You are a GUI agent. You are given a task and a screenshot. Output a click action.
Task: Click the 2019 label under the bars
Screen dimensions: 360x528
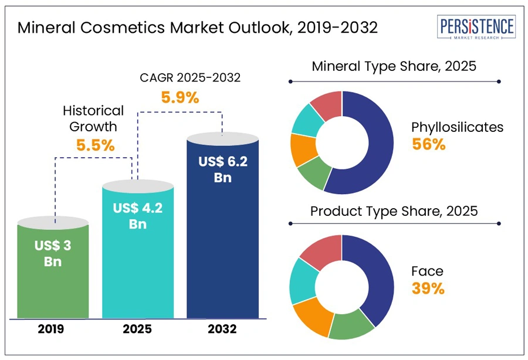click(x=53, y=329)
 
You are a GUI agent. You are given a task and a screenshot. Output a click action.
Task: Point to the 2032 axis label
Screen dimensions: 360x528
click(x=222, y=329)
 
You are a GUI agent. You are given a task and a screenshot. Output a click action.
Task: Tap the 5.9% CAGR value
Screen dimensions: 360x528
click(x=180, y=97)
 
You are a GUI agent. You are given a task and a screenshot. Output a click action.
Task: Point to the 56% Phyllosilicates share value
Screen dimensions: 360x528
click(x=428, y=145)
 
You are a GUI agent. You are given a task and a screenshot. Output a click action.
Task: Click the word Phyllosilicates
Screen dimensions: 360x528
click(x=457, y=127)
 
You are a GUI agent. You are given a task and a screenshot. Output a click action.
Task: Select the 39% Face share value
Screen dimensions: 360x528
click(x=428, y=288)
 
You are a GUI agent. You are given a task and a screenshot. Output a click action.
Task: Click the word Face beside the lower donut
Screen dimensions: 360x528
click(x=427, y=271)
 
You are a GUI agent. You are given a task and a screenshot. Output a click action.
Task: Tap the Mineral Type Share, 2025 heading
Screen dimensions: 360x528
click(x=394, y=66)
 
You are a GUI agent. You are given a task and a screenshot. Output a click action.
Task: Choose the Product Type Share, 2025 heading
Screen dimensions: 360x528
click(x=394, y=210)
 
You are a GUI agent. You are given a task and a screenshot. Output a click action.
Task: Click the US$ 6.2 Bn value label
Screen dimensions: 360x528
click(x=222, y=169)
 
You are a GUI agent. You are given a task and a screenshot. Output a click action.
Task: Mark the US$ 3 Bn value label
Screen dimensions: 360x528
click(x=53, y=253)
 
